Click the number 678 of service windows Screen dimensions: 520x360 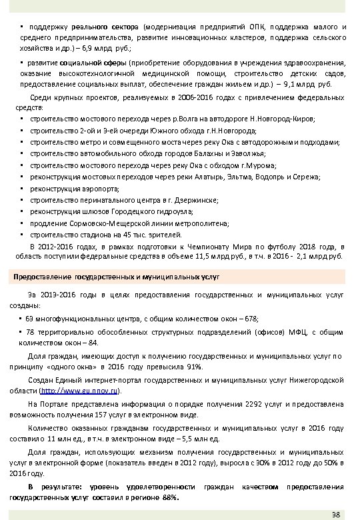point(249,319)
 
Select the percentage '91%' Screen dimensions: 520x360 point(195,367)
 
